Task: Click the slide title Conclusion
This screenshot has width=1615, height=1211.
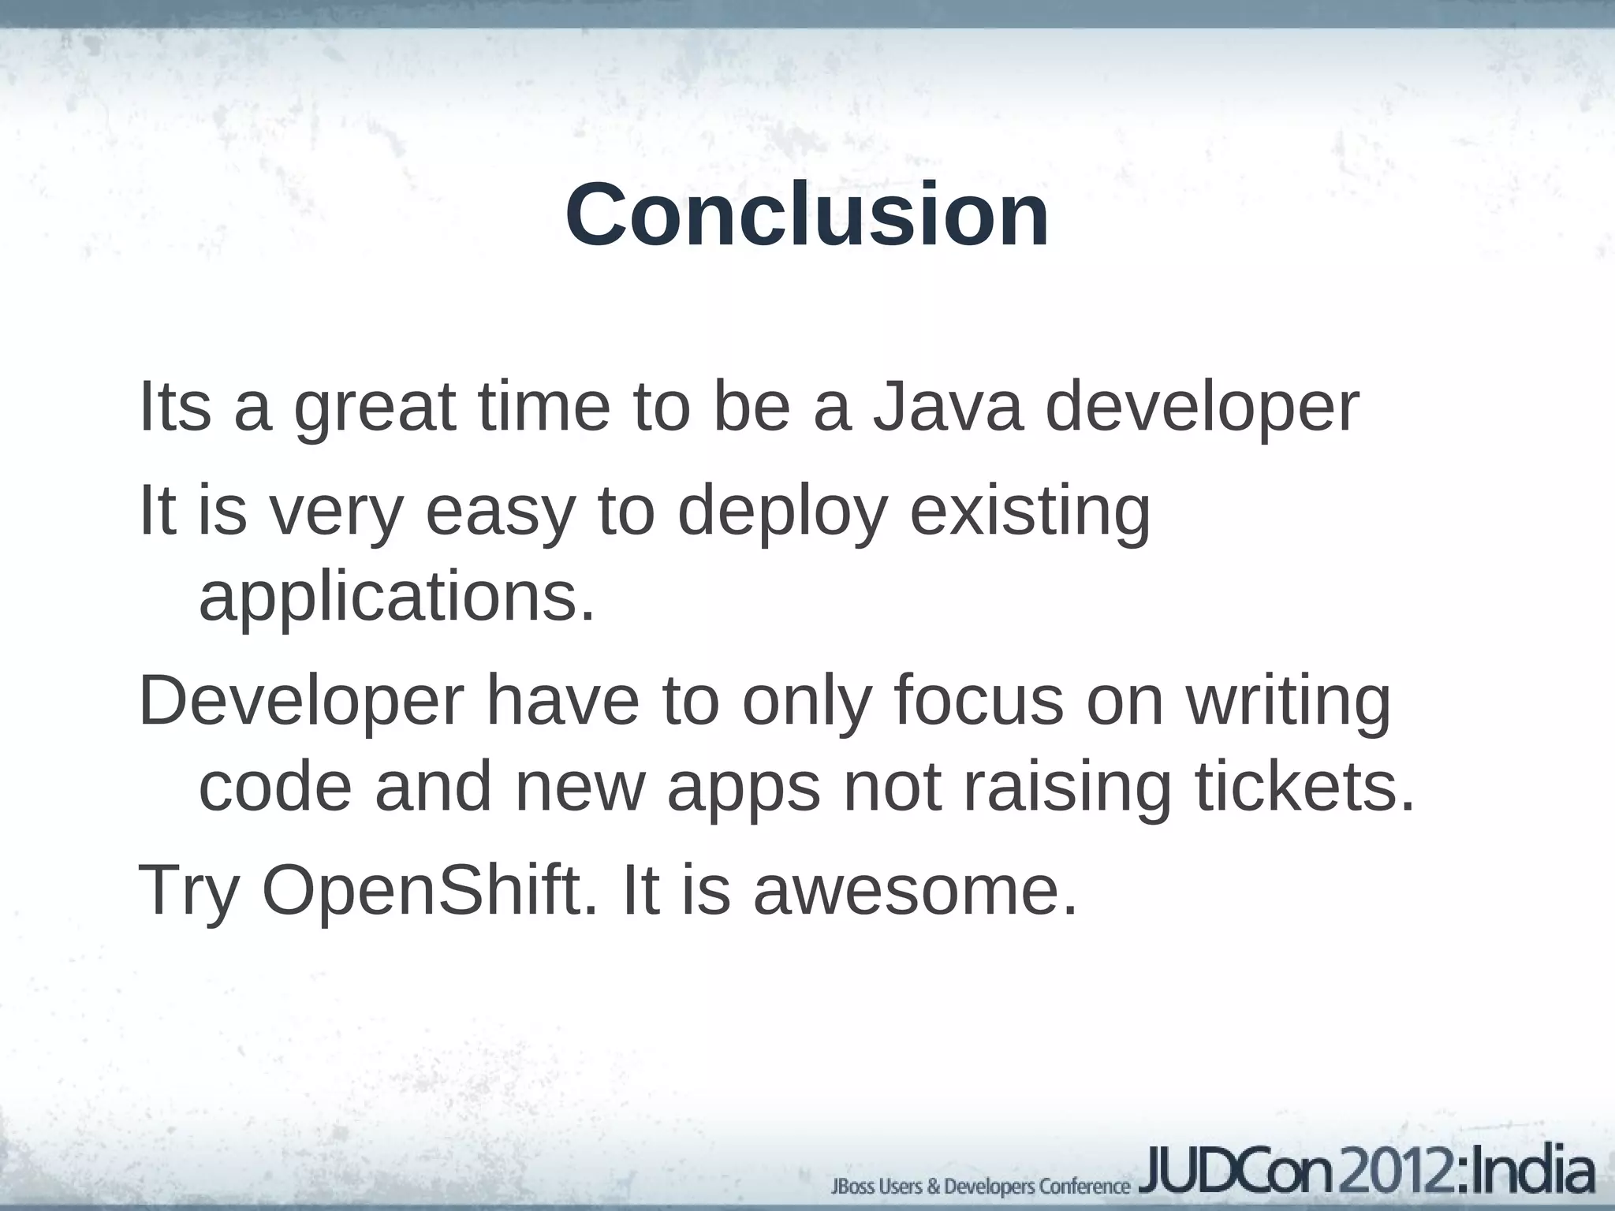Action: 807,214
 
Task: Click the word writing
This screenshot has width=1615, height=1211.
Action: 1289,702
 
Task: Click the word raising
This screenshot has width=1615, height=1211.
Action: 1067,788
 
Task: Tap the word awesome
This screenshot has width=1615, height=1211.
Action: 915,891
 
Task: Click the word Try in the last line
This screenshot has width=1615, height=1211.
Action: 188,891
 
